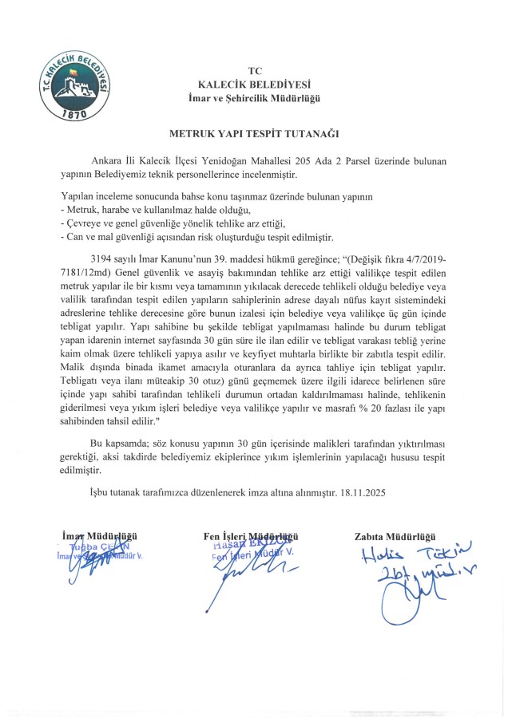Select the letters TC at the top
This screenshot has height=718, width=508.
coord(255,70)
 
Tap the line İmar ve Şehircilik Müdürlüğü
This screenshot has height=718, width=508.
coord(254,97)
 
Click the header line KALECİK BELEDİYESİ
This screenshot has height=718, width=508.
coord(254,84)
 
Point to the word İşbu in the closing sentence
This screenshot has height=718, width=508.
coord(101,492)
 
